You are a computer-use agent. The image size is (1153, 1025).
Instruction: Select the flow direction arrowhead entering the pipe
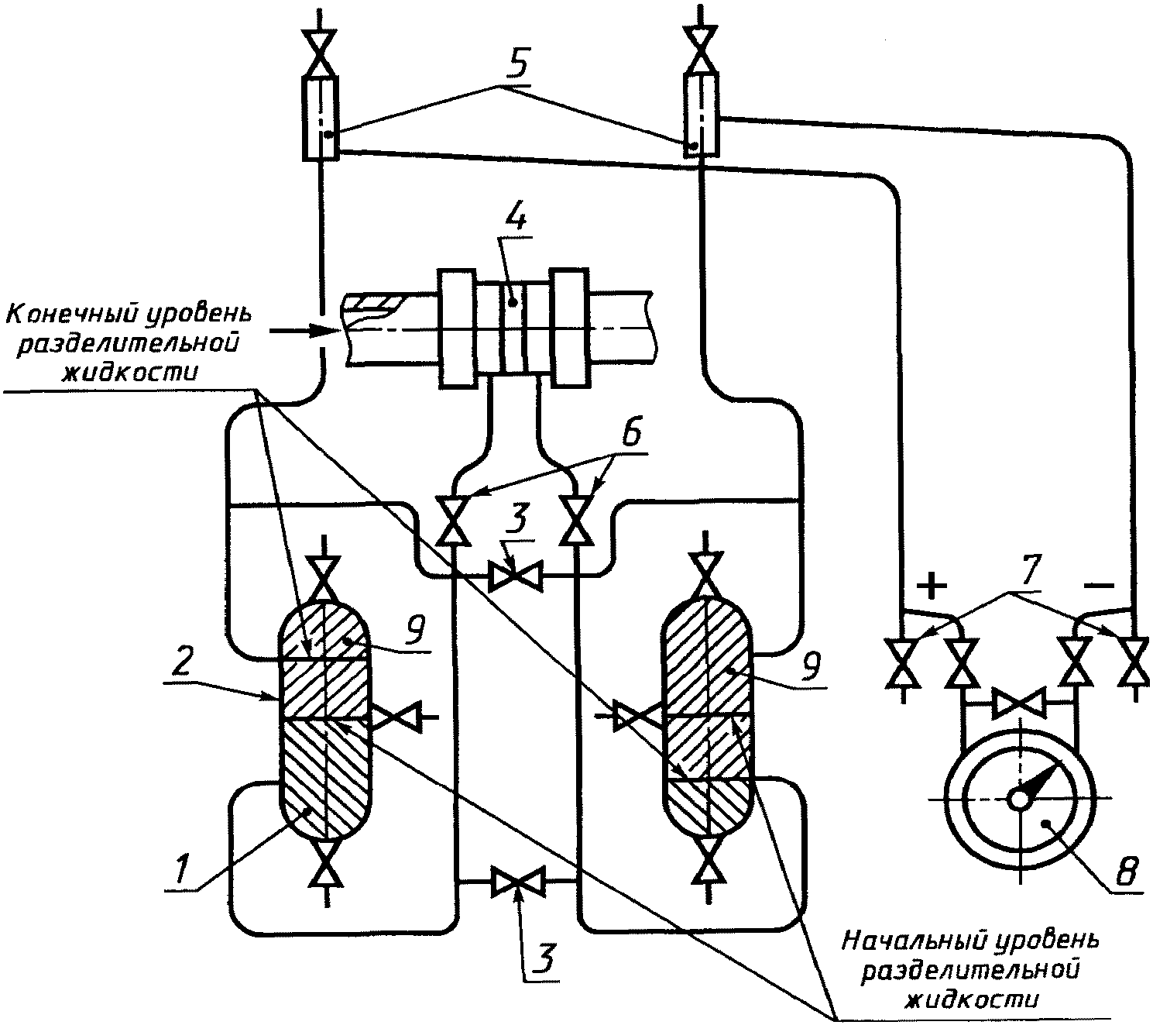point(322,330)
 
